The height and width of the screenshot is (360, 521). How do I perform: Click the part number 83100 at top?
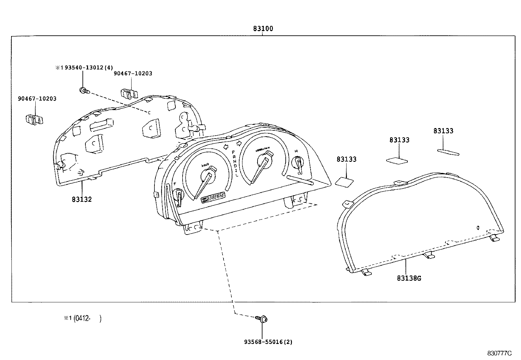263,29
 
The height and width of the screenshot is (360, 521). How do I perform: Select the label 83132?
82,199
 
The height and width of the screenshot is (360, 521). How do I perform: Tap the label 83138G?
409,278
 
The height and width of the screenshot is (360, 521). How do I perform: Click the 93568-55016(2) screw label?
268,342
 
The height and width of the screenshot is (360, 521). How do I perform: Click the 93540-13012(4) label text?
84,67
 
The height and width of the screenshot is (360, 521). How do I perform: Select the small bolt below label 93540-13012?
83,90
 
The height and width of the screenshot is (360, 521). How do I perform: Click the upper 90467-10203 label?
133,73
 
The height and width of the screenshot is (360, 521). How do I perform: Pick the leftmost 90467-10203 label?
37,99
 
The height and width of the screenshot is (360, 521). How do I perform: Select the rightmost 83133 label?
443,131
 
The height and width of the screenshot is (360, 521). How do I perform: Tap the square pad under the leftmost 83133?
344,182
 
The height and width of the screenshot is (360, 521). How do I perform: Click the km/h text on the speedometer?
205,166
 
